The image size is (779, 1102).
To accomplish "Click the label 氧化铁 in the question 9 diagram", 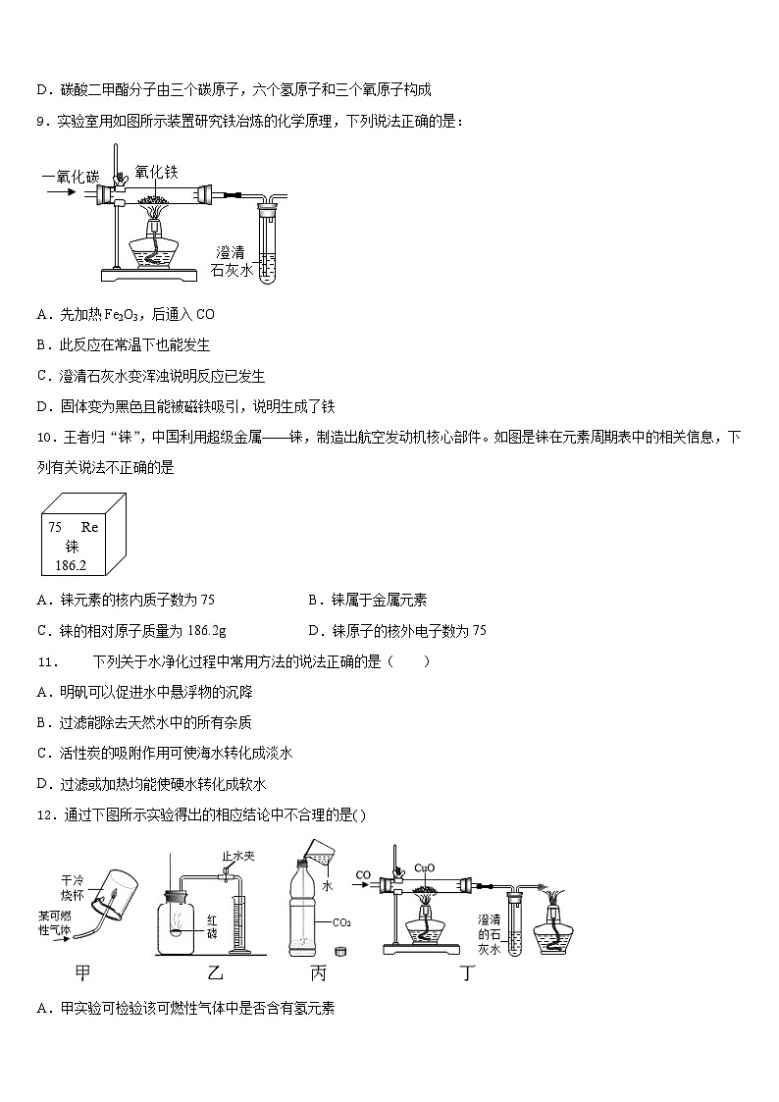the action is tap(156, 172).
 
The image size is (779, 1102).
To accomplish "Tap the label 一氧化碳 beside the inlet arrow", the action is tap(70, 177).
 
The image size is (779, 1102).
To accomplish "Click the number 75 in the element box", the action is tap(55, 527).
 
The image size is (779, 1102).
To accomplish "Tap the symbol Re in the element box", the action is tap(89, 527).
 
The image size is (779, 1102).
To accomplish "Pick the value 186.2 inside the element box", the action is tap(71, 566).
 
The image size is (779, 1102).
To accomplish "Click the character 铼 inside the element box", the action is tap(72, 547).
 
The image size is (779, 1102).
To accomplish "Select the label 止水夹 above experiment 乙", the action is tap(238, 857).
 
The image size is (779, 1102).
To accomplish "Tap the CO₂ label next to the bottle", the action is tap(342, 922).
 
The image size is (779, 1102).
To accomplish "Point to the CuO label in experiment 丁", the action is tap(425, 867).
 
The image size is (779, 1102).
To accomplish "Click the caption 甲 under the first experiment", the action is tap(83, 972).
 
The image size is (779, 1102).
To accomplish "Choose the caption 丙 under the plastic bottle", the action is tap(317, 972).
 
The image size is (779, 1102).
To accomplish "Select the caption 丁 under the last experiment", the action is tap(468, 972).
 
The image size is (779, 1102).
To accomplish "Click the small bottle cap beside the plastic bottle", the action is tap(340, 950).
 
